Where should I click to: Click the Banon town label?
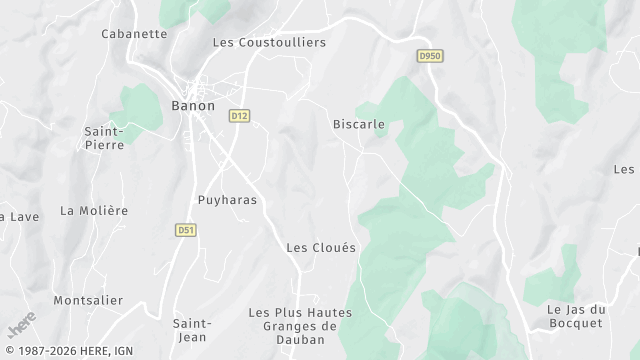pyautogui.click(x=193, y=105)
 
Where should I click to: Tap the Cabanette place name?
pyautogui.click(x=134, y=33)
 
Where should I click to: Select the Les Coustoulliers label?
pyautogui.click(x=270, y=42)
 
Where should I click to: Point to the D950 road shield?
pyautogui.click(x=430, y=56)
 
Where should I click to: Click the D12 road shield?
pyautogui.click(x=239, y=116)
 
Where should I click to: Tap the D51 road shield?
pyautogui.click(x=185, y=229)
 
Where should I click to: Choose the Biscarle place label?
pyautogui.click(x=359, y=125)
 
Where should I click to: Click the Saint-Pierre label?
pyautogui.click(x=104, y=137)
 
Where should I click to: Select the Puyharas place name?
pyautogui.click(x=227, y=200)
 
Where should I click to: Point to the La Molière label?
pyautogui.click(x=94, y=210)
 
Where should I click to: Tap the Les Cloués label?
pyautogui.click(x=321, y=247)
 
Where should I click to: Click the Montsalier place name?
pyautogui.click(x=88, y=300)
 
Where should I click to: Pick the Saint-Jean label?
pyautogui.click(x=191, y=330)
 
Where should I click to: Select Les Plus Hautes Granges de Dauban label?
pyautogui.click(x=300, y=326)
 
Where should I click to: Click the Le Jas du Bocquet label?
pyautogui.click(x=576, y=316)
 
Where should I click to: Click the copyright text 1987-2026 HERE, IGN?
pyautogui.click(x=67, y=352)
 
